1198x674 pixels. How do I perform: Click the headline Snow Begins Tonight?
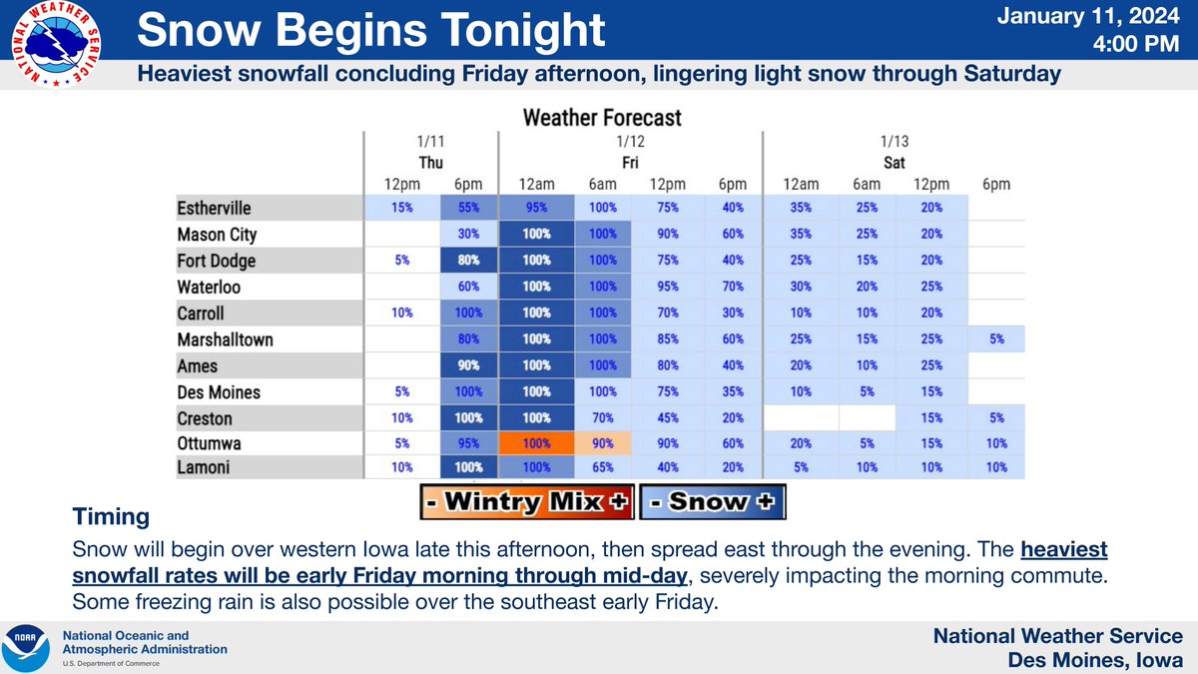click(x=371, y=31)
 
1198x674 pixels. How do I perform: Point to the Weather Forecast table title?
click(x=602, y=118)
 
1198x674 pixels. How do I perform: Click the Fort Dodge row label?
click(x=216, y=261)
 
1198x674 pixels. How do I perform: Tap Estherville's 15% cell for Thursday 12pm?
click(x=402, y=209)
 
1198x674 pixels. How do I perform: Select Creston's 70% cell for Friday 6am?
click(x=603, y=418)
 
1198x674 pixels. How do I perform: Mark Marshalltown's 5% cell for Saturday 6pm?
click(x=995, y=339)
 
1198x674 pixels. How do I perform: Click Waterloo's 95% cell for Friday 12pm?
click(x=668, y=288)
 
